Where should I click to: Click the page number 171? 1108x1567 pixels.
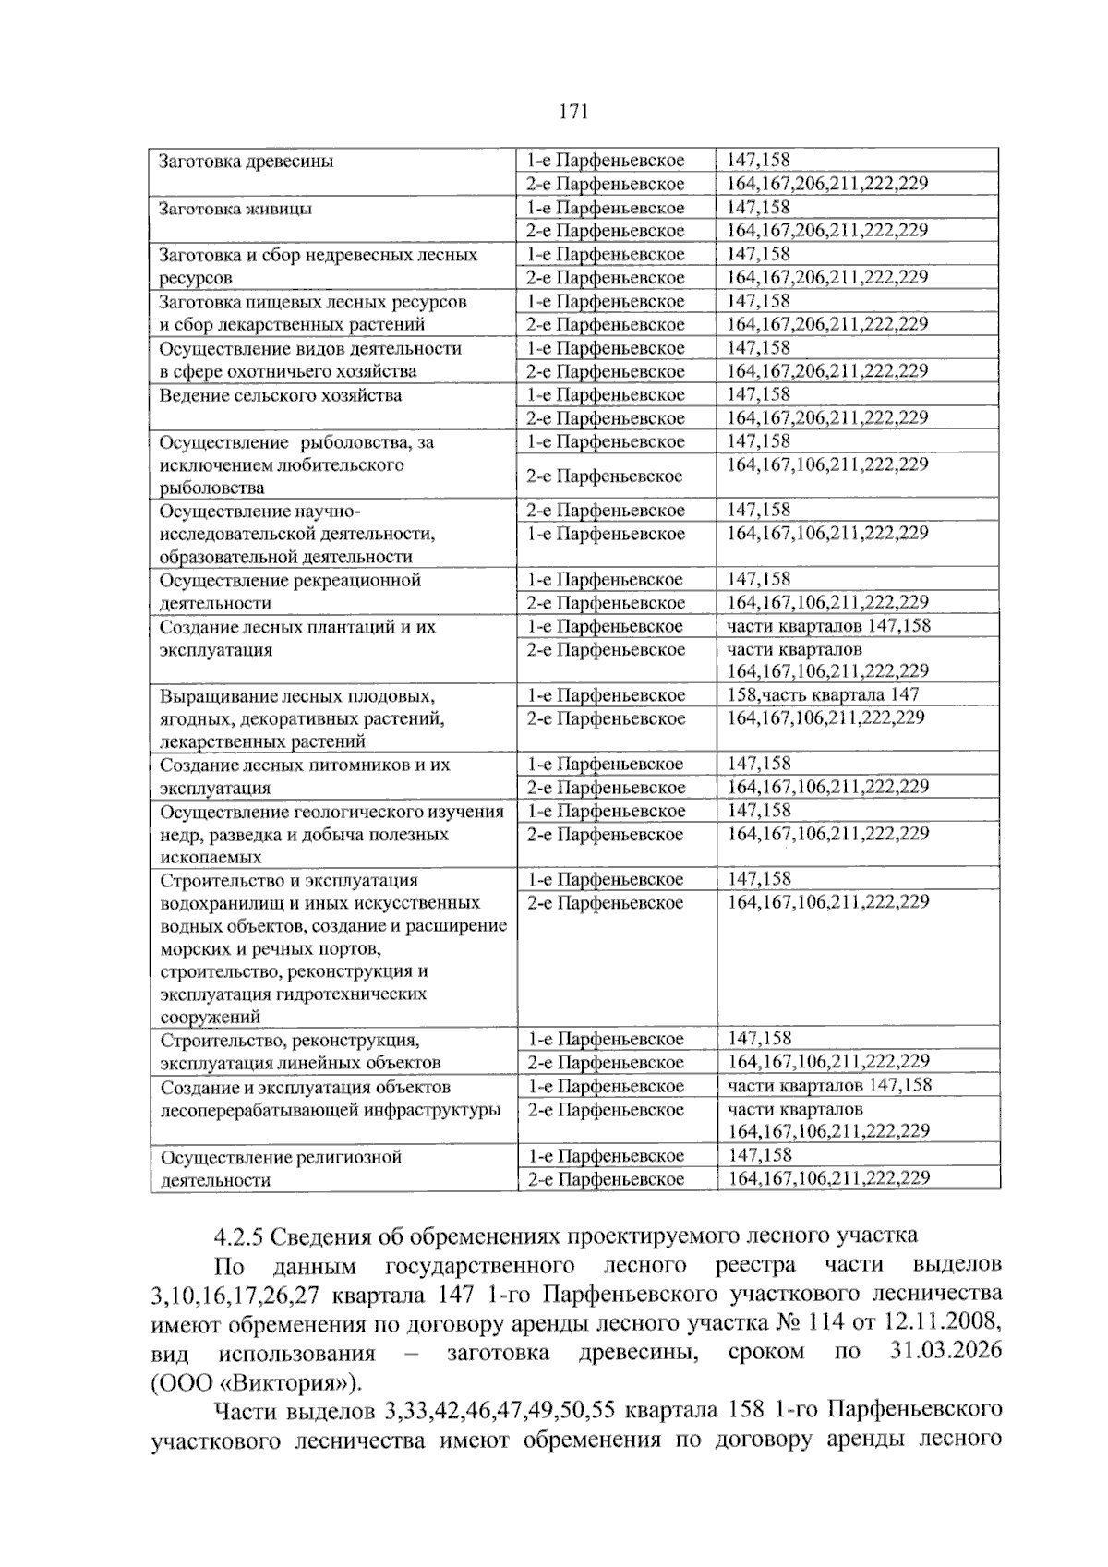click(573, 113)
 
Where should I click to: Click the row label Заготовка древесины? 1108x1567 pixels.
click(247, 162)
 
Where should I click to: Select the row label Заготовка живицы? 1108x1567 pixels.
click(235, 209)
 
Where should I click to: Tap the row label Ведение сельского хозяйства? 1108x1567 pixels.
click(281, 395)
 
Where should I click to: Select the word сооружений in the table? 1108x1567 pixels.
click(210, 1018)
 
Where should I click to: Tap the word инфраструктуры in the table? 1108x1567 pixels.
click(430, 1110)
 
